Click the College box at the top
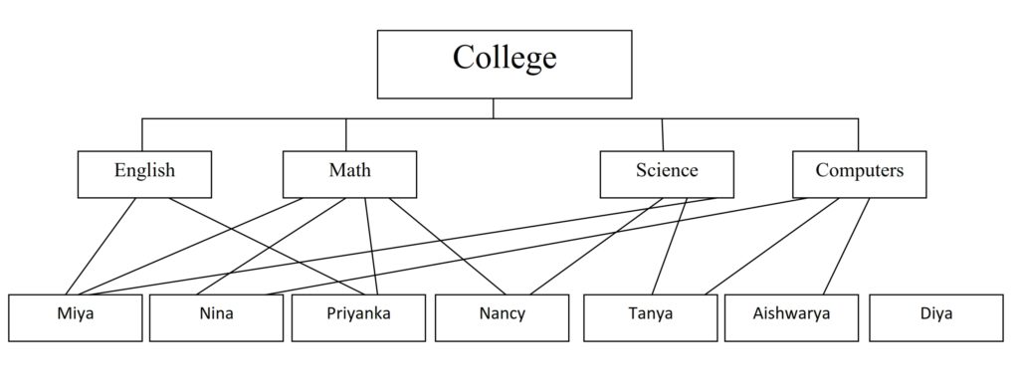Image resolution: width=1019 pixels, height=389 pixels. pyautogui.click(x=504, y=64)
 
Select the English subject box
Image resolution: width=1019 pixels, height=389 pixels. pyautogui.click(x=144, y=173)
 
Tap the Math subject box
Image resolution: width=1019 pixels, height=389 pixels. pyautogui.click(x=349, y=173)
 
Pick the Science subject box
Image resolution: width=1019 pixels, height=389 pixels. pyautogui.click(x=667, y=173)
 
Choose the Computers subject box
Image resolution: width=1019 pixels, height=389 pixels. pyautogui.click(x=859, y=173)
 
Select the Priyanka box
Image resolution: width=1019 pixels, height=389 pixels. pyautogui.click(x=357, y=316)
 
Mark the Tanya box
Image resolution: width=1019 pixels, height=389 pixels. pyautogui.click(x=649, y=316)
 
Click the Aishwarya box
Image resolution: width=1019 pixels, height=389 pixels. pyautogui.click(x=791, y=316)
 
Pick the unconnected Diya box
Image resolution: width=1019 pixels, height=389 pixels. pyautogui.click(x=935, y=316)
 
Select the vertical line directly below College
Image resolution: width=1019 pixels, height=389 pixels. pyautogui.click(x=494, y=108)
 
